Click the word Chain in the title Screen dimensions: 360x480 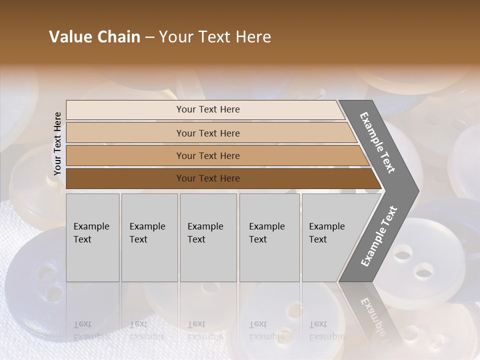pos(118,37)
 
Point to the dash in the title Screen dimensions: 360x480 pos(149,37)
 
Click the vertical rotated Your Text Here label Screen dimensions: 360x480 pos(57,143)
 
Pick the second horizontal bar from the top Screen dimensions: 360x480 pos(207,133)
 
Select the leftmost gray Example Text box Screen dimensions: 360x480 pos(92,237)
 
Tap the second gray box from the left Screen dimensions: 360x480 pos(149,237)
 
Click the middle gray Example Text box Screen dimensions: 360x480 pos(208,237)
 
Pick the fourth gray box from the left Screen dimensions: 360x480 pos(269,237)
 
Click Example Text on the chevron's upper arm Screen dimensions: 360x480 pos(377,142)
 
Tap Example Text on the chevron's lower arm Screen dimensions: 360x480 pos(379,236)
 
